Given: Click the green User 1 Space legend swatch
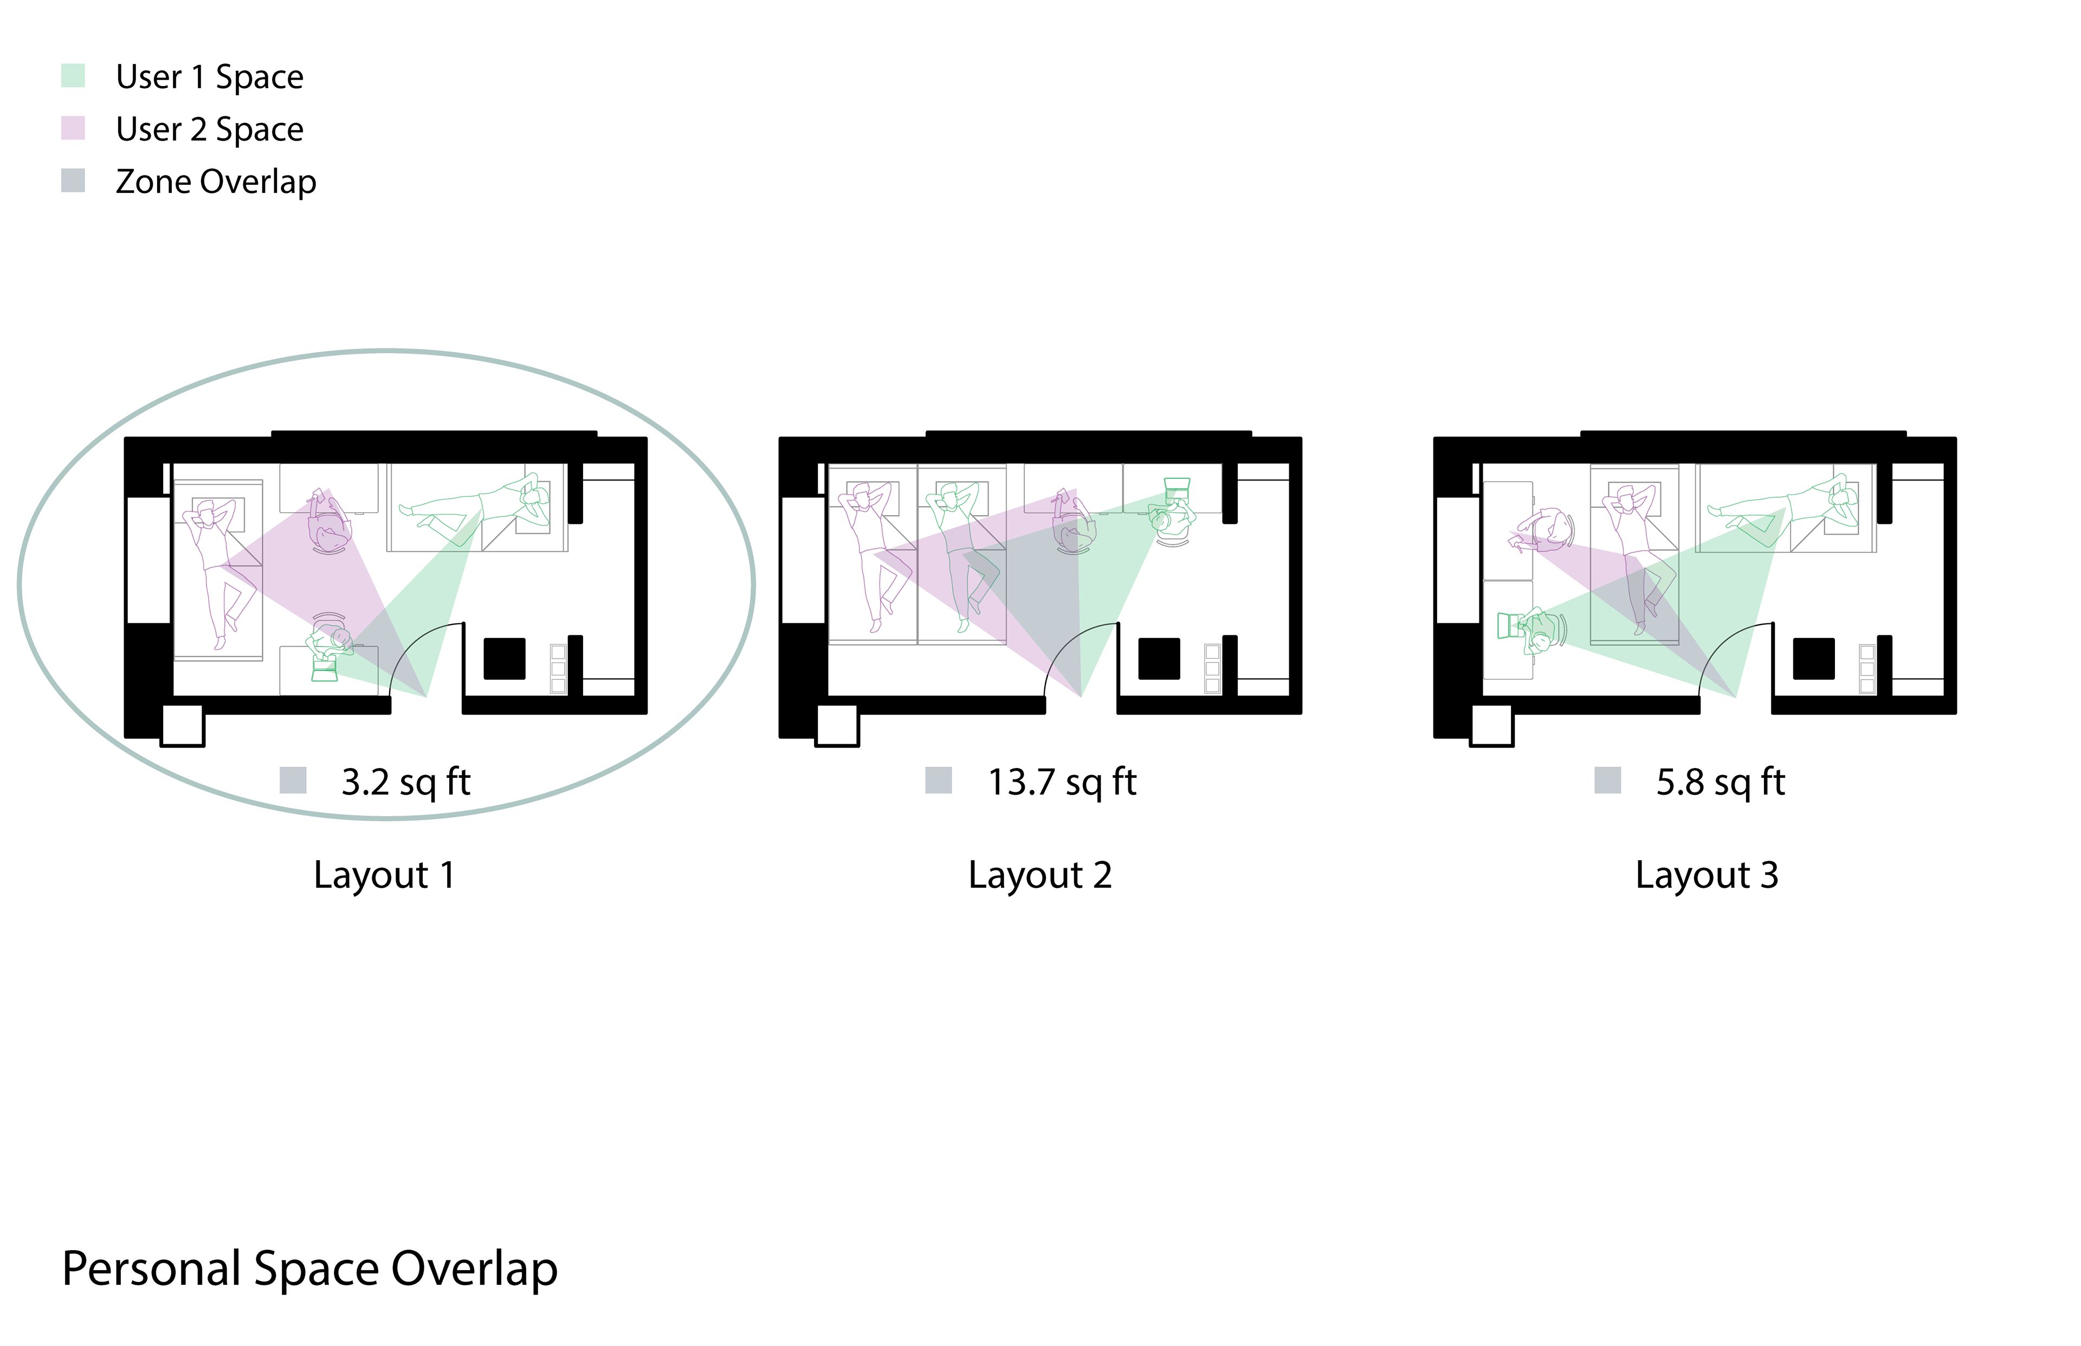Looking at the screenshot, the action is pyautogui.click(x=73, y=75).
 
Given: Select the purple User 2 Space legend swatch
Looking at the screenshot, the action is pyautogui.click(x=73, y=128).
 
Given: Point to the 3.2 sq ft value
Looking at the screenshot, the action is pyautogui.click(x=406, y=782).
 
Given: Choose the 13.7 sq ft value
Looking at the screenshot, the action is pyautogui.click(x=1062, y=782).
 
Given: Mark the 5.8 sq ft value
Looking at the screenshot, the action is pyautogui.click(x=1720, y=782).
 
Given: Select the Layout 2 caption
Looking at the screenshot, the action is pyautogui.click(x=1039, y=875).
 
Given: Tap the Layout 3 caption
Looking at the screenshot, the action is pyautogui.click(x=1707, y=875).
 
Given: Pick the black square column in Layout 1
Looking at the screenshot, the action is pyautogui.click(x=505, y=658).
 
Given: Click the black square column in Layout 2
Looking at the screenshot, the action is pyautogui.click(x=1159, y=658).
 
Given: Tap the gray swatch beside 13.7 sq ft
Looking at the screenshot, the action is pyautogui.click(x=938, y=779).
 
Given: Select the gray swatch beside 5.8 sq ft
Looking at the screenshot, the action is pyautogui.click(x=1607, y=779).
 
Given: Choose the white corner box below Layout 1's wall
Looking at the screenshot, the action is pyautogui.click(x=183, y=725).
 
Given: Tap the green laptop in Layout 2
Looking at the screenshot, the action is pyautogui.click(x=1178, y=487).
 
